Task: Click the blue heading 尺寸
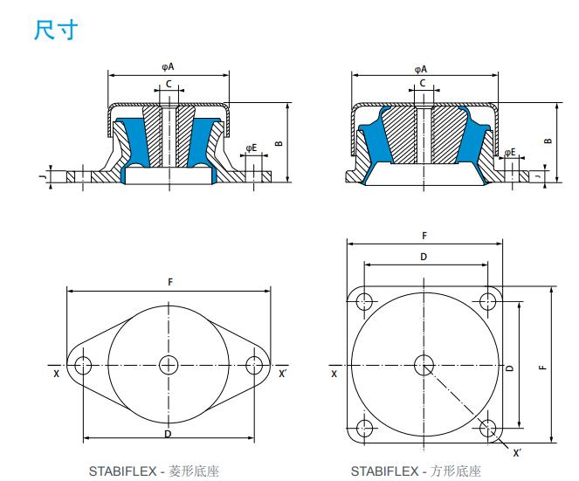pyautogui.click(x=56, y=30)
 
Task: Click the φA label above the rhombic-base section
pyautogui.click(x=168, y=67)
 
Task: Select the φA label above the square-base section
pyautogui.click(x=421, y=69)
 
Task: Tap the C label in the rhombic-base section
pyautogui.click(x=169, y=84)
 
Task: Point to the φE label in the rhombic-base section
pyautogui.click(x=252, y=148)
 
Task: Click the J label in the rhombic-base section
pyautogui.click(x=44, y=177)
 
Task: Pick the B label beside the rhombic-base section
pyautogui.click(x=279, y=143)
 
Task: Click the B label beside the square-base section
pyautogui.click(x=548, y=141)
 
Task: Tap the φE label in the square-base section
pyautogui.click(x=510, y=152)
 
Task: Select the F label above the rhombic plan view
pyautogui.click(x=170, y=282)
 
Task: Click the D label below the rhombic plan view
pyautogui.click(x=168, y=434)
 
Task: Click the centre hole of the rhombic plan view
pyautogui.click(x=169, y=365)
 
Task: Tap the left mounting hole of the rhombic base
pyautogui.click(x=83, y=366)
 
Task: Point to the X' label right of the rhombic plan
pyautogui.click(x=282, y=374)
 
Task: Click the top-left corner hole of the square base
pyautogui.click(x=364, y=301)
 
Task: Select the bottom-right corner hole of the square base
pyautogui.click(x=488, y=428)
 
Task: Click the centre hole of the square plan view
pyautogui.click(x=424, y=365)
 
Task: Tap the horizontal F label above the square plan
pyautogui.click(x=424, y=236)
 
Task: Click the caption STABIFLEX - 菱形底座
pyautogui.click(x=154, y=471)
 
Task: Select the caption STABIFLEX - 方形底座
pyautogui.click(x=416, y=471)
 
